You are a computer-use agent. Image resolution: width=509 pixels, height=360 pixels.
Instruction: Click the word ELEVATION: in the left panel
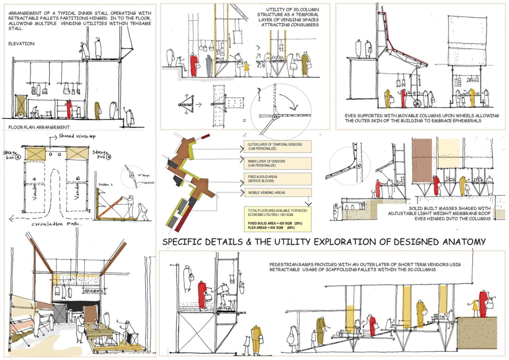coord(22,44)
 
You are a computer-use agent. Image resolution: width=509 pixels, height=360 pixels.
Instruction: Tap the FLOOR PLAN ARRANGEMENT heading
coord(39,127)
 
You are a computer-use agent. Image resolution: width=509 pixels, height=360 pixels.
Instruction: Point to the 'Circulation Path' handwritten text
coord(57,224)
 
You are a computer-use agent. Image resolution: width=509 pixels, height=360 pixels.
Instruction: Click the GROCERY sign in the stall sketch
coord(93,291)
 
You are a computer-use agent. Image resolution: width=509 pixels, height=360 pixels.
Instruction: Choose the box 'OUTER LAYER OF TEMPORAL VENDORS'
coord(277,146)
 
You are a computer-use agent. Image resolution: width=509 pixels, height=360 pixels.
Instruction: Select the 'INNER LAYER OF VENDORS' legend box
coord(277,163)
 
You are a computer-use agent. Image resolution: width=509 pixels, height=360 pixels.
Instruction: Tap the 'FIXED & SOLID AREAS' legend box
coord(277,179)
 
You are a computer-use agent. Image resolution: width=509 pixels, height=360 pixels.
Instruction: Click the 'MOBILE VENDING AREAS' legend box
coord(277,193)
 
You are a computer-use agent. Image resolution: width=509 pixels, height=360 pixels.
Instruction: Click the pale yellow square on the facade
coord(449,153)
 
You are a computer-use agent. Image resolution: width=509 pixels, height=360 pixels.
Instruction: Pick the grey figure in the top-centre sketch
coord(209,67)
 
